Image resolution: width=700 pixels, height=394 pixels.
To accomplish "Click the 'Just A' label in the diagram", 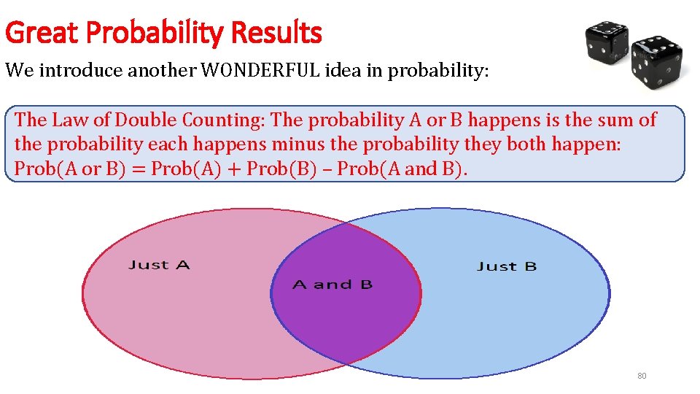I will click(159, 265).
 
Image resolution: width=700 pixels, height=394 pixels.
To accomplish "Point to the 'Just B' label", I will click(507, 266).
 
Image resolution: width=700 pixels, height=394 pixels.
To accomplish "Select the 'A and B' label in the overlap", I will click(332, 285).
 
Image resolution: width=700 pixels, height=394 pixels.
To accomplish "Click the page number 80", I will click(642, 376).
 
